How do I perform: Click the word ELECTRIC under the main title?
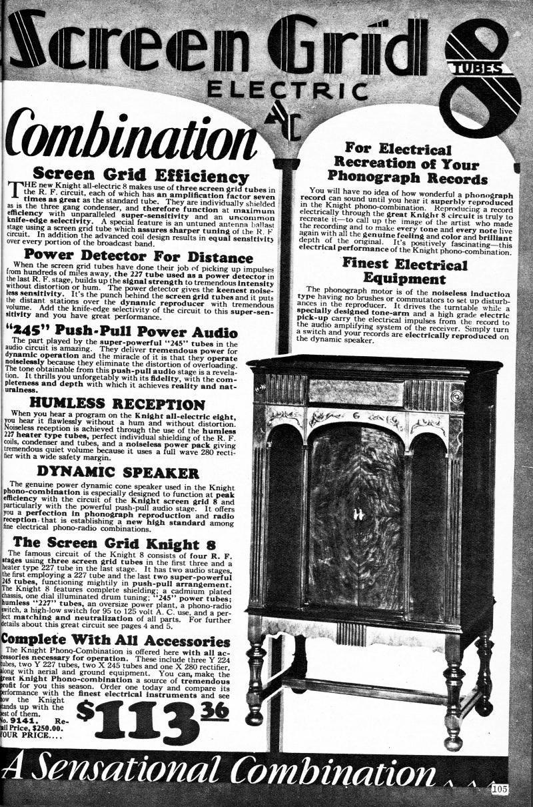tap(286, 89)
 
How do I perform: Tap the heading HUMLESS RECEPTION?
tap(117, 404)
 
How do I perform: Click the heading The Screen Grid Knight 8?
tap(113, 542)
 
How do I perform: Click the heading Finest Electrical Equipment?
tap(404, 269)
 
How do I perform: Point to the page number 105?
tap(500, 790)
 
